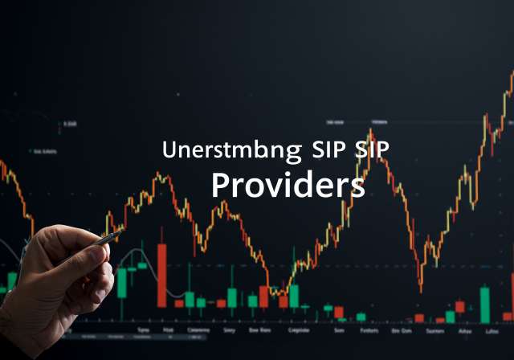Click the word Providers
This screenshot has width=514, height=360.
click(x=288, y=186)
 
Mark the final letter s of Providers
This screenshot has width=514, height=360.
click(x=357, y=187)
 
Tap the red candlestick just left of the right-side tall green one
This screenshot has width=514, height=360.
click(x=459, y=306)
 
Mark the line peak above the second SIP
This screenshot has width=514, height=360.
click(x=370, y=130)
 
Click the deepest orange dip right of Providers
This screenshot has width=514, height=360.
click(x=420, y=286)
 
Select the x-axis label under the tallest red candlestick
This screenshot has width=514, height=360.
click(x=169, y=329)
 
